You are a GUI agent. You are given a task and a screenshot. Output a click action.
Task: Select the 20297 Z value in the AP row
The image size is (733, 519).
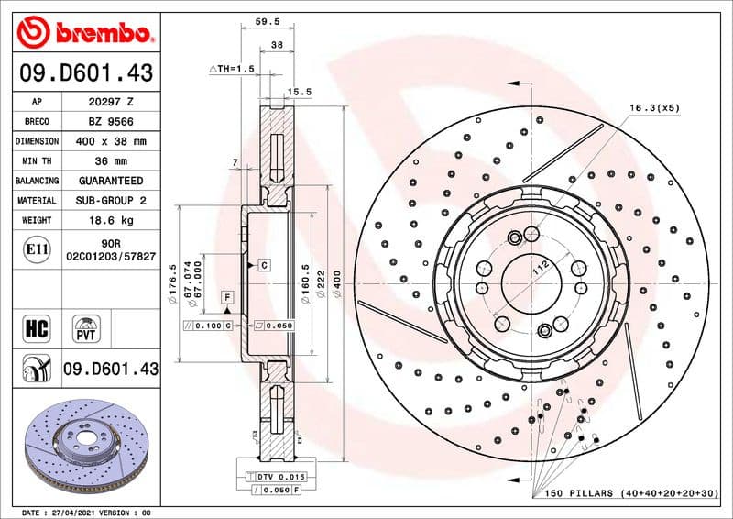coord(110,102)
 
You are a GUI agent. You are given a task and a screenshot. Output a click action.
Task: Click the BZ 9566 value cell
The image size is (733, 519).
coord(110,121)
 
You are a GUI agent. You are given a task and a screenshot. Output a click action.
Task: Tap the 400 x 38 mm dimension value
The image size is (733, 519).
coord(110,141)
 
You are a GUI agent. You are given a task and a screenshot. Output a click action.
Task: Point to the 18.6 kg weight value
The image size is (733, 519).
coord(110,220)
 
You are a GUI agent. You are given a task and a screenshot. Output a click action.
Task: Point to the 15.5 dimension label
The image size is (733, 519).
coord(300,92)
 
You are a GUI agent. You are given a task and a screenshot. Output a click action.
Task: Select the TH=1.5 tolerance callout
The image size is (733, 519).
coord(230,69)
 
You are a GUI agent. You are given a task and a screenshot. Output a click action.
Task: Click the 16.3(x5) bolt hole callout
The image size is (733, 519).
coord(654,108)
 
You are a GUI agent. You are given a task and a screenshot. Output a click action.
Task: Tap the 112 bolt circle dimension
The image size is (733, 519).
coord(542,267)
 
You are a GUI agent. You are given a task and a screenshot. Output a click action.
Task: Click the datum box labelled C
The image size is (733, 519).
coord(263,265)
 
